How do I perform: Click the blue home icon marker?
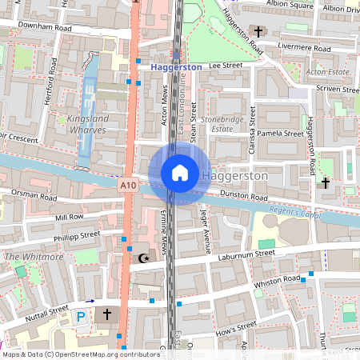tap(180, 172)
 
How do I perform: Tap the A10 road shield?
tap(128, 185)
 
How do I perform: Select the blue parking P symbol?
tap(81, 316)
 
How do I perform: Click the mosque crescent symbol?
tap(144, 258)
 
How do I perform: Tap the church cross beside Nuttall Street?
tap(107, 315)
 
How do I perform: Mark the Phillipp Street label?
tap(77, 237)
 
